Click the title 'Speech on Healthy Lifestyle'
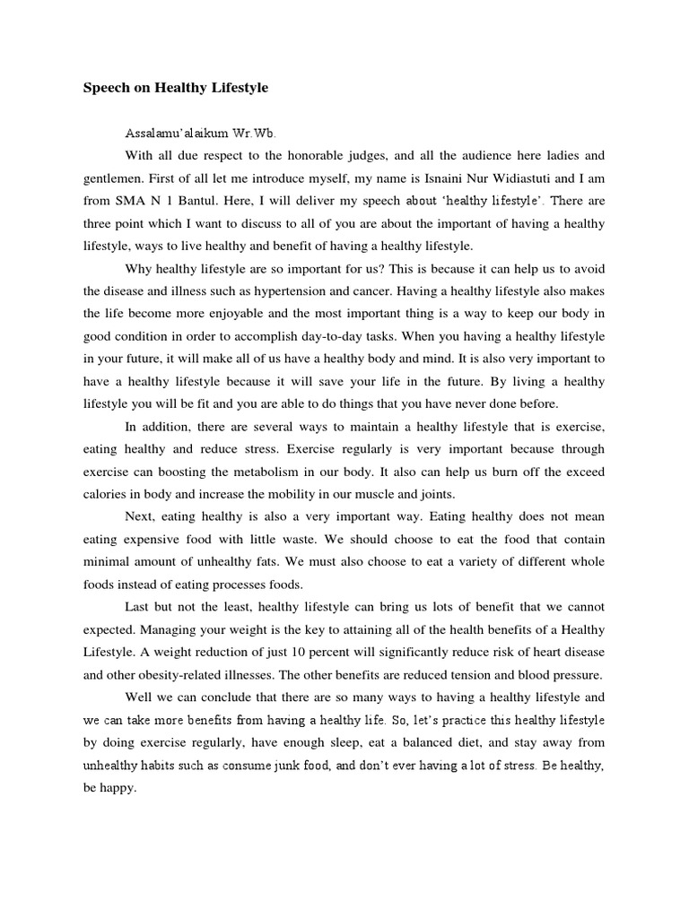(x=176, y=88)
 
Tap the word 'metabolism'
(x=242, y=472)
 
